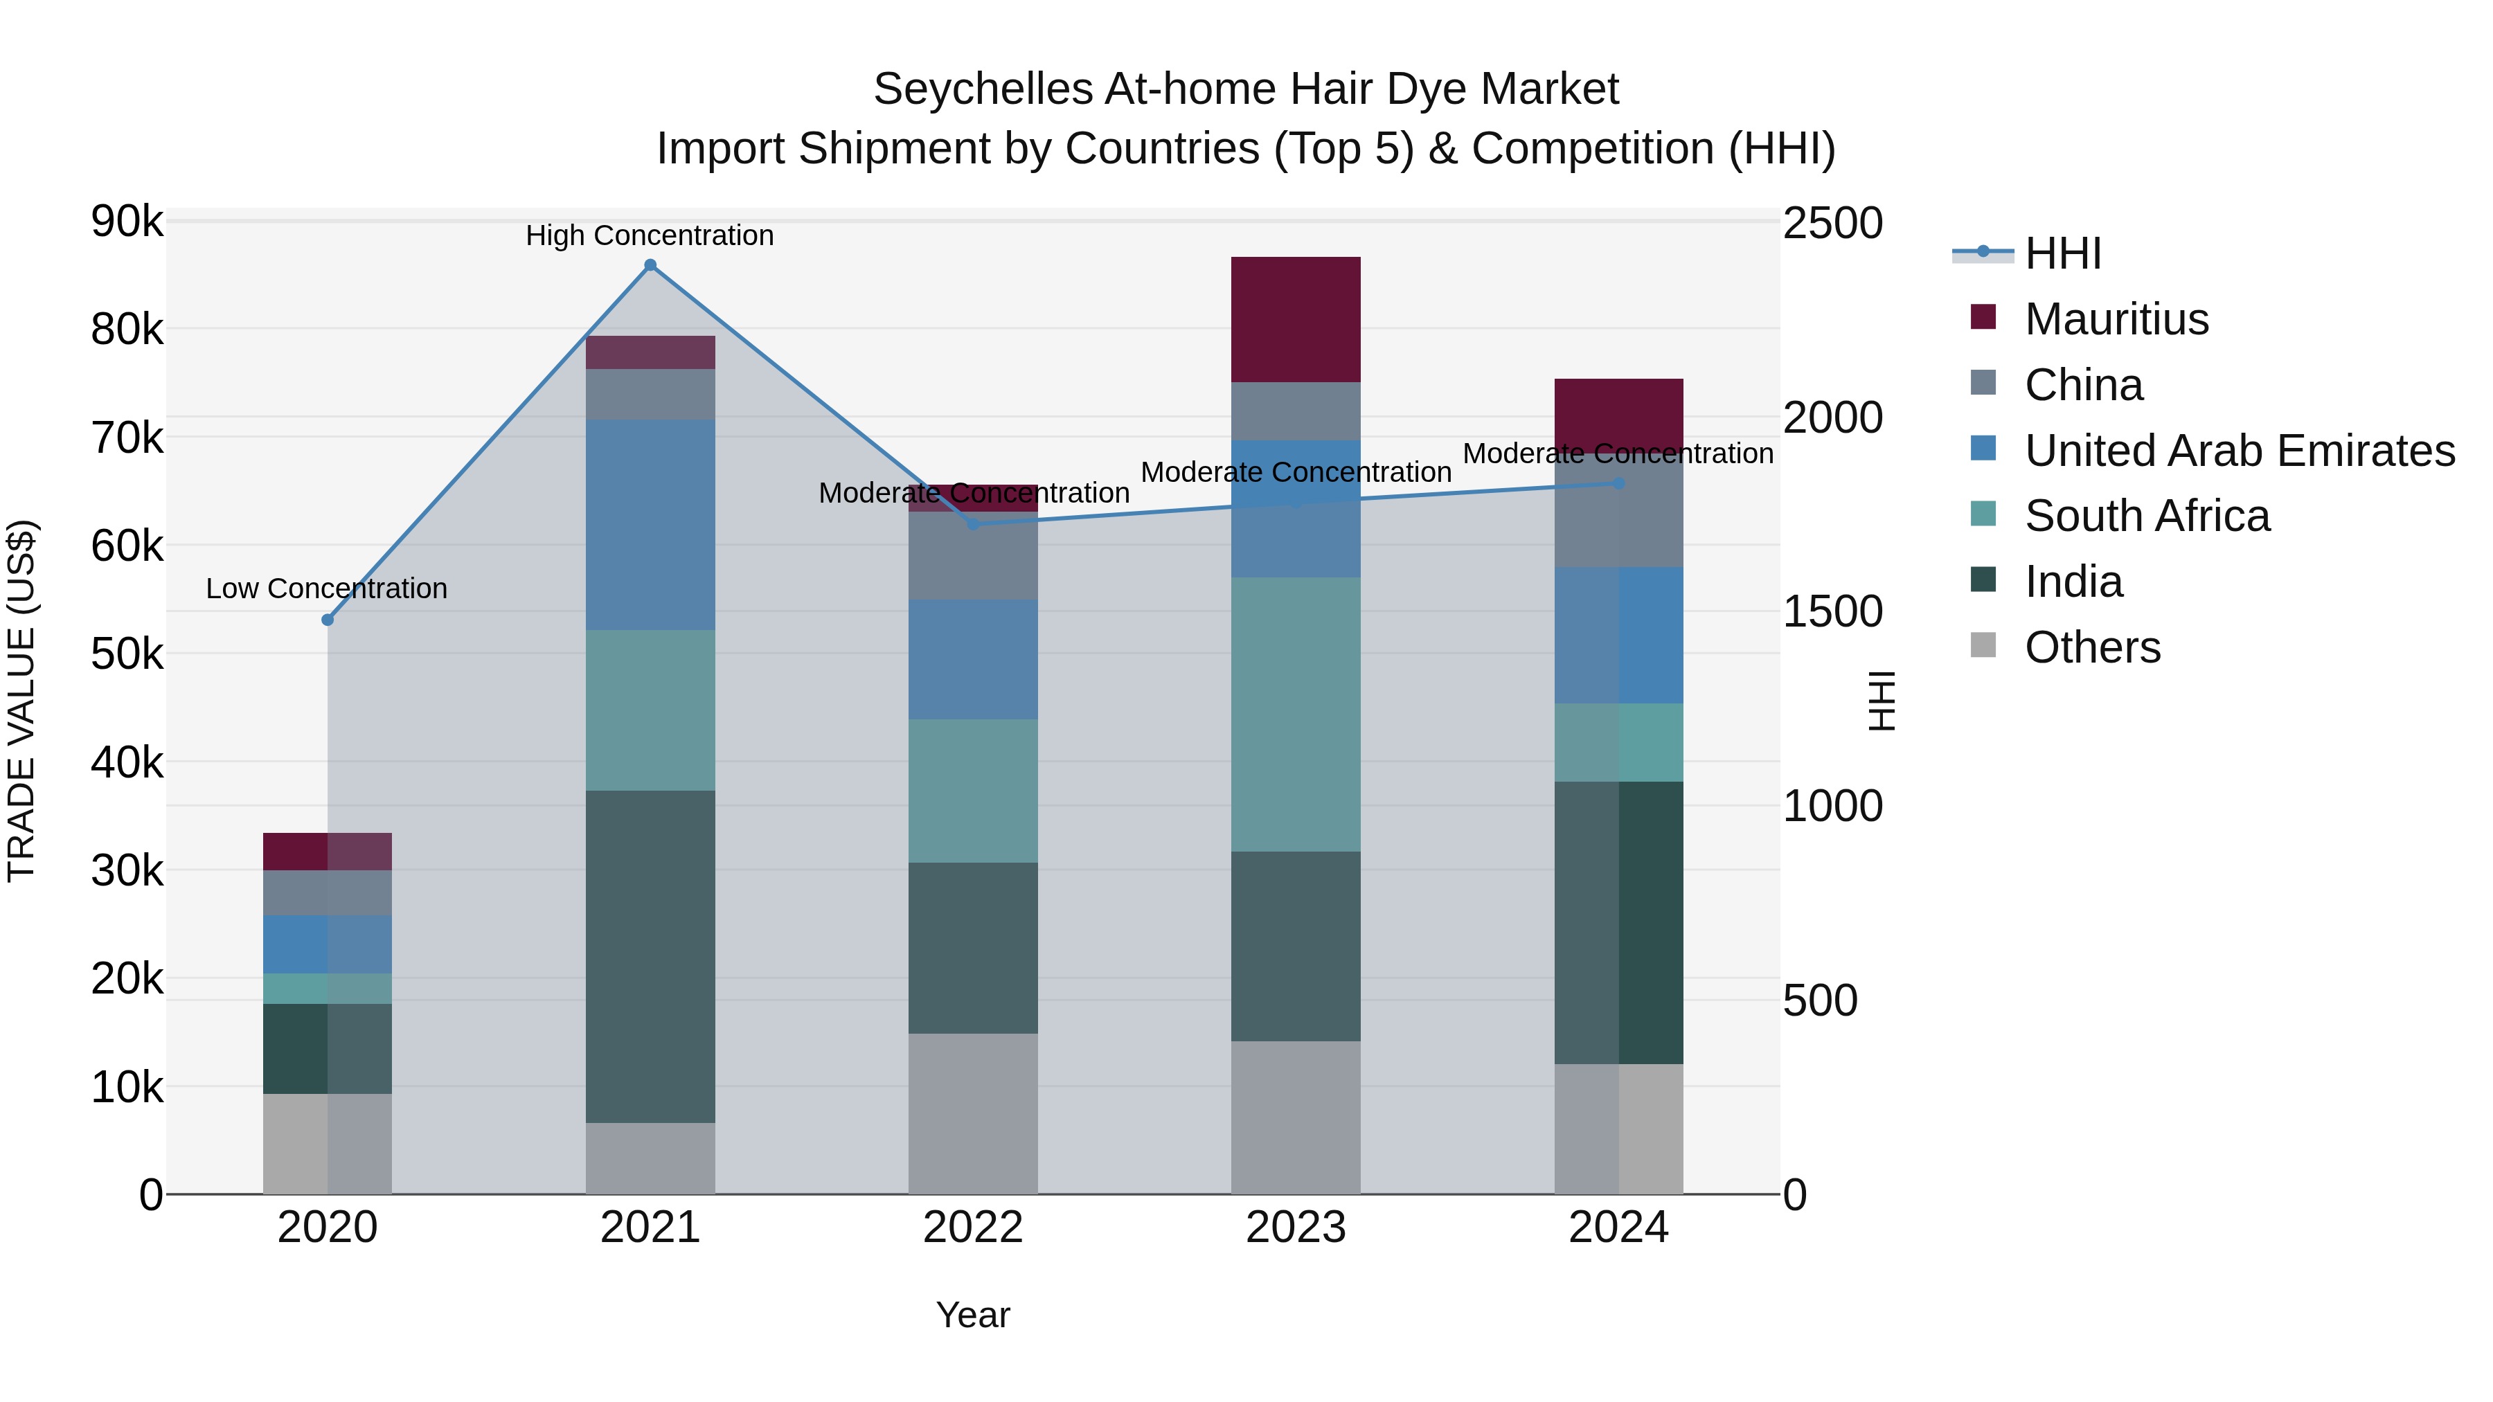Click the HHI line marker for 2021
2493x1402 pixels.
(650, 265)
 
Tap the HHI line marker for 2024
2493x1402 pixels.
(1619, 483)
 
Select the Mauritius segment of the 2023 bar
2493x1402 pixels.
(1296, 319)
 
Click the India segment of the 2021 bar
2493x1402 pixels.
(650, 956)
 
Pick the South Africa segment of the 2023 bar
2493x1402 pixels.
(1296, 714)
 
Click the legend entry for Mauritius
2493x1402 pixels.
(2116, 319)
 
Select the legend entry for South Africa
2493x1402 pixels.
(2147, 516)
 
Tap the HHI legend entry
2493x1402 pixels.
(2062, 253)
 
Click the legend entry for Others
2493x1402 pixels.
(2091, 647)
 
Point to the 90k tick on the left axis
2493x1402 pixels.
(127, 222)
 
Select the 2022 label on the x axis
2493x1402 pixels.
(973, 1228)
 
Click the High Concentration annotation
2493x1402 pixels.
(650, 235)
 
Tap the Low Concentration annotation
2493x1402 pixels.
(326, 588)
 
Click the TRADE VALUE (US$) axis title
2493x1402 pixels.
(21, 701)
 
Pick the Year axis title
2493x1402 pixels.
(973, 1315)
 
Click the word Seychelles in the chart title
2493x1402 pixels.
(982, 89)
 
